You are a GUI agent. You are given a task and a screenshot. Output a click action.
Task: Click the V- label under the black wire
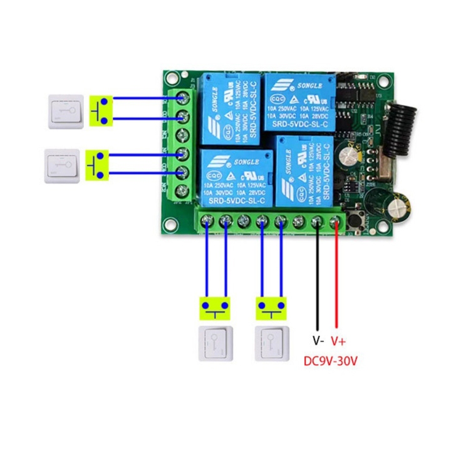tap(318, 341)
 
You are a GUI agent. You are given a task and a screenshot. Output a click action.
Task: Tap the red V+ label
tap(338, 341)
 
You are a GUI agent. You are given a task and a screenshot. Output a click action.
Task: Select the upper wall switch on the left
tap(66, 111)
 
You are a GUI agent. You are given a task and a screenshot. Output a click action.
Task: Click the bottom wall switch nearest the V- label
tap(272, 343)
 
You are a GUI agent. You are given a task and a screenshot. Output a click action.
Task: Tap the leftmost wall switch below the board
tap(215, 343)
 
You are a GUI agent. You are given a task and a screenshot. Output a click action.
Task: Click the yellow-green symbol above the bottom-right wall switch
tap(272, 307)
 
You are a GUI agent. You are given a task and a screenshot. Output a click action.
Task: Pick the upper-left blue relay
tap(229, 109)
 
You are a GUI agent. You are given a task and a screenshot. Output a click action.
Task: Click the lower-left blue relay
tap(235, 178)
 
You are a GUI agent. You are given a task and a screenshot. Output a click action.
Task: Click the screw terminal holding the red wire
tap(336, 220)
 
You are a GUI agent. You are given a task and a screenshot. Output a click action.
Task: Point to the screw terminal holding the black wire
tap(318, 220)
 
